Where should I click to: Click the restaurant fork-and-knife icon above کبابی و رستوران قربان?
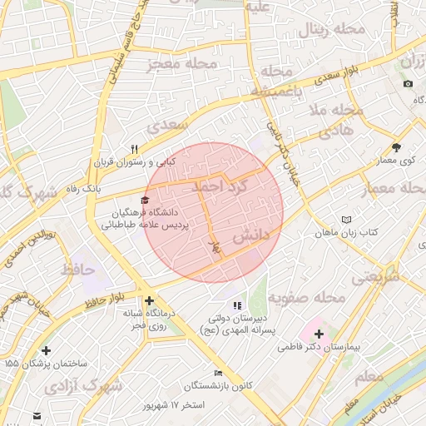[x=133, y=149]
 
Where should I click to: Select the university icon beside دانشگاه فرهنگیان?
[x=146, y=201]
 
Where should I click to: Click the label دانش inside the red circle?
[x=250, y=236]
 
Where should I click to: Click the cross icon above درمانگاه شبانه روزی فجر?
[x=149, y=300]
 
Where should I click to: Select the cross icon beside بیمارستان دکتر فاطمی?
[x=319, y=334]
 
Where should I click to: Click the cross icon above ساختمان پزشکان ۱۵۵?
[x=45, y=351]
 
